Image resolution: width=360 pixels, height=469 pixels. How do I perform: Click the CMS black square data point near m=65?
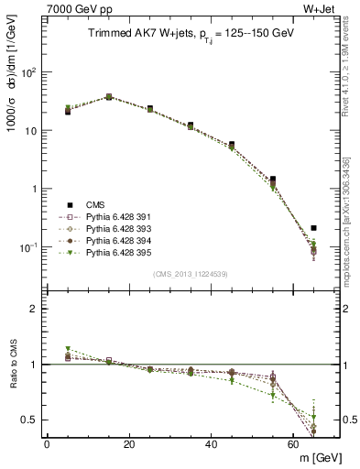pyautogui.click(x=314, y=228)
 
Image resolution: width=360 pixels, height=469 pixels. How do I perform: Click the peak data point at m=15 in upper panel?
pyautogui.click(x=109, y=96)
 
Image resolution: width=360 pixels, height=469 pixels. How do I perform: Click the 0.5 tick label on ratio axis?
pyautogui.click(x=32, y=420)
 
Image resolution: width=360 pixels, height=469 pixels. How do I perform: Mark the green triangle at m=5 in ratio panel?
pyautogui.click(x=68, y=349)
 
